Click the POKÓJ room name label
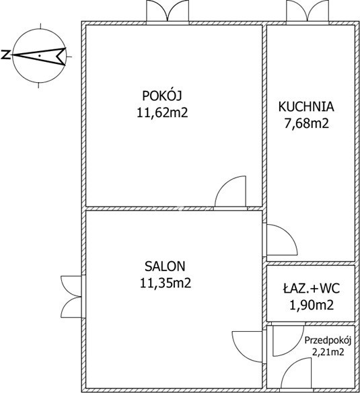point(161,96)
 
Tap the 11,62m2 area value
point(162,112)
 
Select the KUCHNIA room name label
point(306,106)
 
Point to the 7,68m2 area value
point(306,123)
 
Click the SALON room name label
point(165,266)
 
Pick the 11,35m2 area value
point(166,283)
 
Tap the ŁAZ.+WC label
point(312,289)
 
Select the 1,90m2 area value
point(312,306)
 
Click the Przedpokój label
point(328,341)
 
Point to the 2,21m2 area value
point(328,353)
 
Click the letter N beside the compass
point(5,55)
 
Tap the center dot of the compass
point(39,56)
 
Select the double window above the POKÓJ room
point(168,11)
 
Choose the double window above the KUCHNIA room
point(308,11)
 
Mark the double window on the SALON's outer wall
point(71,297)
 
